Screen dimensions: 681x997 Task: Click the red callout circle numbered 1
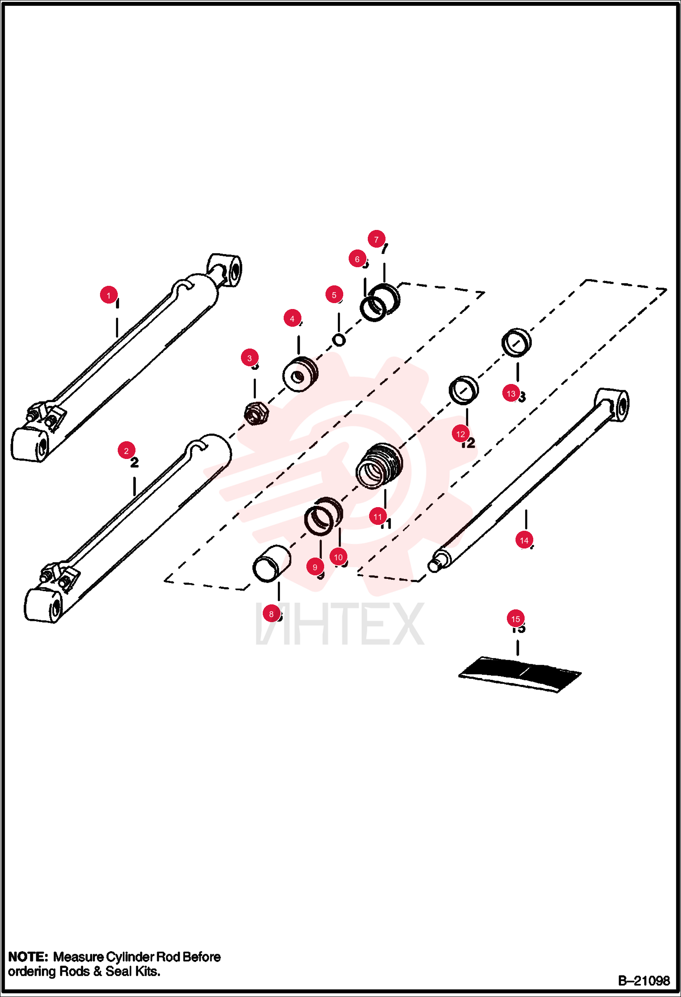click(109, 295)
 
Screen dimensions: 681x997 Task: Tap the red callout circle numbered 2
click(126, 450)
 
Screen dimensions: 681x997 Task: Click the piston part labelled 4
click(300, 374)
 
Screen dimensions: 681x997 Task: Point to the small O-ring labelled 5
click(339, 339)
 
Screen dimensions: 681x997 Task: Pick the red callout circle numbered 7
click(376, 239)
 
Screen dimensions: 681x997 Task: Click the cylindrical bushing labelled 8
click(272, 564)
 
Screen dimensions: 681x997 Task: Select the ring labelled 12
click(464, 390)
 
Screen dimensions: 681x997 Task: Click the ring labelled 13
click(516, 342)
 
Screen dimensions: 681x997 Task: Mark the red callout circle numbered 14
click(524, 540)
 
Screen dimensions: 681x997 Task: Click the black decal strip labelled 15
click(520, 674)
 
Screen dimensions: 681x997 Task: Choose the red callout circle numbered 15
click(516, 618)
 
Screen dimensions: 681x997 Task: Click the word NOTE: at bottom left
click(28, 957)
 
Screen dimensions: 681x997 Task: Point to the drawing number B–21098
click(644, 981)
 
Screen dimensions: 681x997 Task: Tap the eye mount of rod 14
click(613, 404)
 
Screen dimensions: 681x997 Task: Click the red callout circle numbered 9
click(315, 567)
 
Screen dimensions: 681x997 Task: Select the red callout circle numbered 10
click(338, 557)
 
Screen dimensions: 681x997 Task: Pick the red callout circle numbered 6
click(357, 259)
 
